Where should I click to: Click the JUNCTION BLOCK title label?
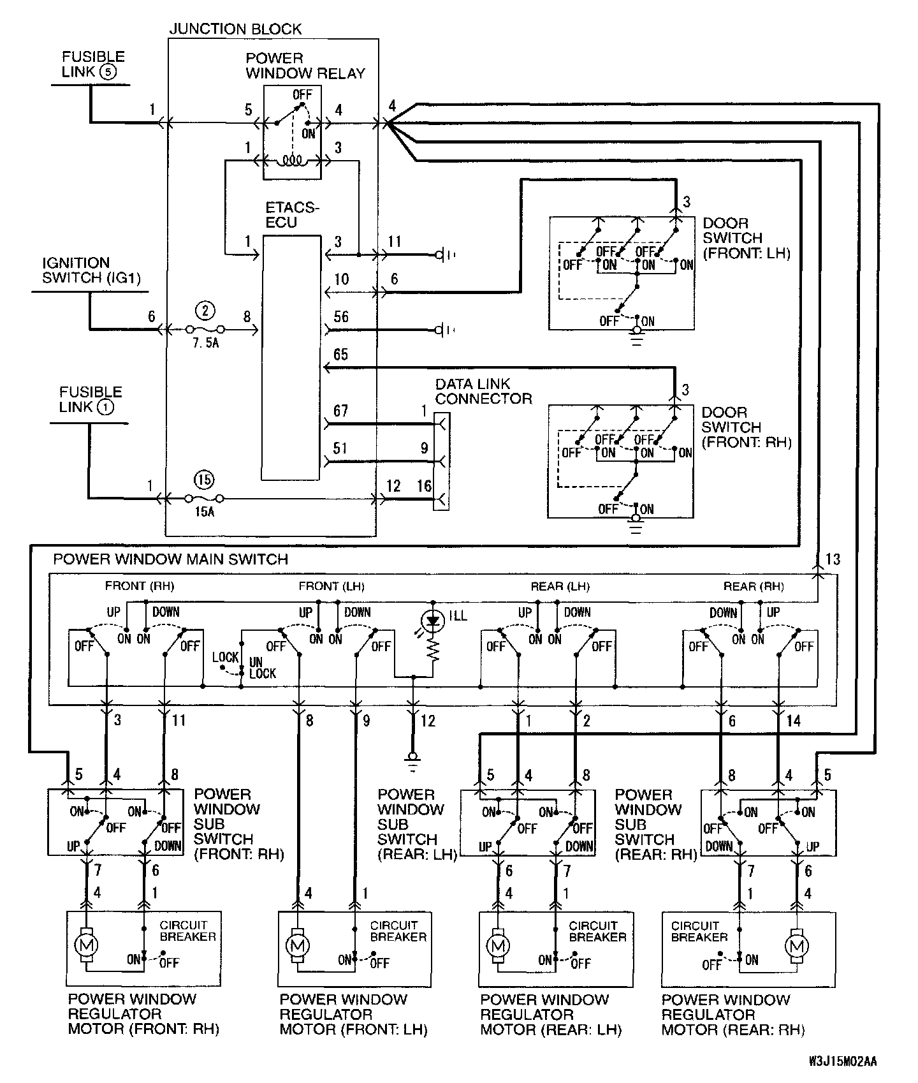pyautogui.click(x=235, y=29)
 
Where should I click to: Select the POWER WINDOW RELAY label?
pyautogui.click(x=305, y=66)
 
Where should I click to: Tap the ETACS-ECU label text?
pyautogui.click(x=292, y=215)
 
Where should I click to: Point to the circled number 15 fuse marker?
pyautogui.click(x=205, y=480)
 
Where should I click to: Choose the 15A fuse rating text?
pyautogui.click(x=204, y=512)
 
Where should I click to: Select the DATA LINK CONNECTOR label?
pyautogui.click(x=483, y=392)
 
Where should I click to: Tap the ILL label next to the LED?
pyautogui.click(x=458, y=615)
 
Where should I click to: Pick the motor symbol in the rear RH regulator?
pyautogui.click(x=796, y=944)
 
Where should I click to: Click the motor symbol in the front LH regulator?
pyautogui.click(x=296, y=943)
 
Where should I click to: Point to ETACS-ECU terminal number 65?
pyautogui.click(x=341, y=355)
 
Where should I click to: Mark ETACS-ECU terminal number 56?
pyautogui.click(x=341, y=317)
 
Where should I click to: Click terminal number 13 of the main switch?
pyautogui.click(x=833, y=559)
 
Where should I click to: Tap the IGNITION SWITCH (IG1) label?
pyautogui.click(x=92, y=270)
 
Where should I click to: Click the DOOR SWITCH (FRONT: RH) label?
pyautogui.click(x=747, y=427)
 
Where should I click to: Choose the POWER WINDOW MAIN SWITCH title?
pyautogui.click(x=170, y=559)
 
